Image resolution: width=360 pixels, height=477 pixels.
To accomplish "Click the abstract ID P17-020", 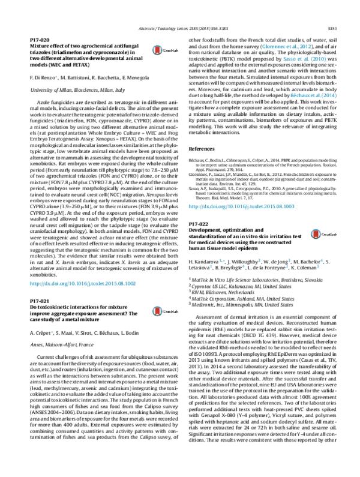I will point(40,38).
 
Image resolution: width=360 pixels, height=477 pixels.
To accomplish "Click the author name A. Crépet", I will point(41,331).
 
